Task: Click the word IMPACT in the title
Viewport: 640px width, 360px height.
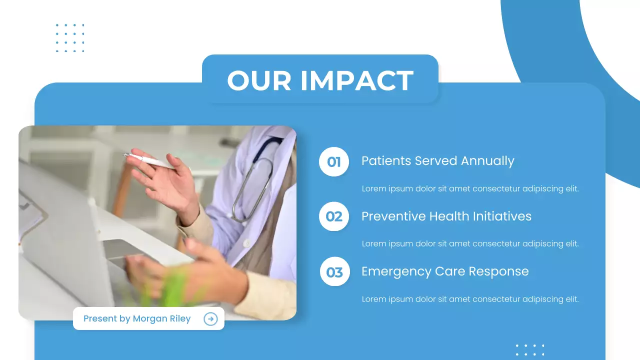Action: click(356, 80)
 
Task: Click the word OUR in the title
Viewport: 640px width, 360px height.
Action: click(259, 80)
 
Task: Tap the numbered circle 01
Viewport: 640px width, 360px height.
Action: click(334, 162)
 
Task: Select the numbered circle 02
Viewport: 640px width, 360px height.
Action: click(334, 216)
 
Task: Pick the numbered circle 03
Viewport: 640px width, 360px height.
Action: click(334, 272)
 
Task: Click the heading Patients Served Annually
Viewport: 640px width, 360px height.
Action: click(437, 161)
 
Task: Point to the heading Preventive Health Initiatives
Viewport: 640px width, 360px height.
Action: click(446, 216)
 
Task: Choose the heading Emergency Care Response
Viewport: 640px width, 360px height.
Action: click(445, 271)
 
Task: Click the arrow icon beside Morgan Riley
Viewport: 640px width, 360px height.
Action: click(211, 319)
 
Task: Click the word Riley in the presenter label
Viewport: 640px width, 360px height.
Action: click(181, 319)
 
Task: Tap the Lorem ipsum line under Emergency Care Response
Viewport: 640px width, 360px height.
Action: click(470, 299)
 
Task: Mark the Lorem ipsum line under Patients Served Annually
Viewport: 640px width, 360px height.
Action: click(470, 189)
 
